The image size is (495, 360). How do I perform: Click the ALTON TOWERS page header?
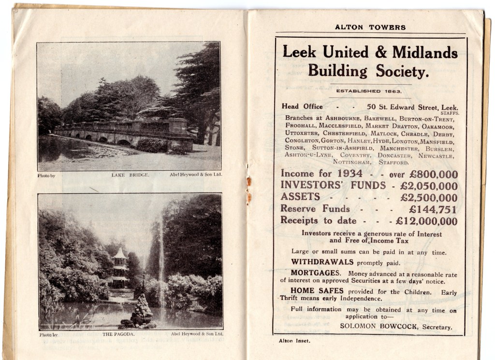pos(370,28)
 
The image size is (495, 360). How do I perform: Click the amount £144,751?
pos(433,210)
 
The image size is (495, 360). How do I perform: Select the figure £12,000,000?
pos(426,221)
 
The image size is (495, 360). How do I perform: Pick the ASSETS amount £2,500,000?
pos(429,197)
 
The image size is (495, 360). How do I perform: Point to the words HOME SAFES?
pos(317,291)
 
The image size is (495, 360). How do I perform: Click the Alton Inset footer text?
pos(294,341)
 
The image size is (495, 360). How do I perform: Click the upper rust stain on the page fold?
pos(249,181)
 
